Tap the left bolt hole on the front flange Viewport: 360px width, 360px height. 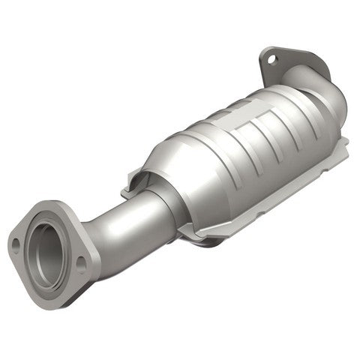coord(16,242)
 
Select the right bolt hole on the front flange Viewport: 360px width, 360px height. coord(80,262)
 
